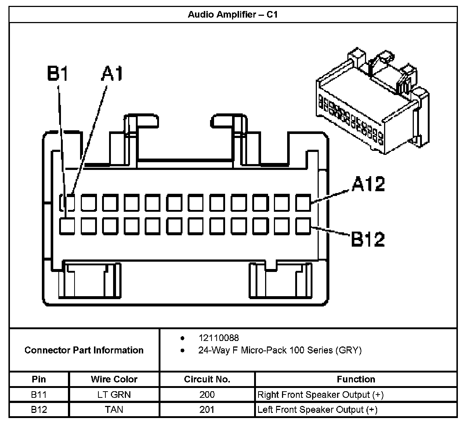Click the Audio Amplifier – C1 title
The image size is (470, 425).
pos(232,14)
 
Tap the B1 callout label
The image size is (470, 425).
pos(58,74)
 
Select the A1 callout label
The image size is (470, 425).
pos(112,74)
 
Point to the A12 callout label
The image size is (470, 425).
pos(368,184)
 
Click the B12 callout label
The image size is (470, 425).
pos(368,239)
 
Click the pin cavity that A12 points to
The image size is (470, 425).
pos(303,203)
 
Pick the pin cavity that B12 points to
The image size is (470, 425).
pos(303,226)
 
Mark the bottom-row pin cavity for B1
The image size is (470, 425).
pos(67,226)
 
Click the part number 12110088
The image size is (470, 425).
pos(218,338)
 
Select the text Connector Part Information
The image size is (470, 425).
pos(84,350)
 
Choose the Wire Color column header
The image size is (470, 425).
pos(114,379)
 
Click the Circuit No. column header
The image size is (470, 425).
pos(207,379)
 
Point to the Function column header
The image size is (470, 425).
pos(356,379)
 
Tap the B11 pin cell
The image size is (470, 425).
pos(39,395)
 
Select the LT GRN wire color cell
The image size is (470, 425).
pos(114,395)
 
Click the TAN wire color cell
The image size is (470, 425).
pos(114,410)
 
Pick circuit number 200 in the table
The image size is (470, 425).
pos(207,395)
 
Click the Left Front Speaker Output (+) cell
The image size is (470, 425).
pos(317,410)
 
